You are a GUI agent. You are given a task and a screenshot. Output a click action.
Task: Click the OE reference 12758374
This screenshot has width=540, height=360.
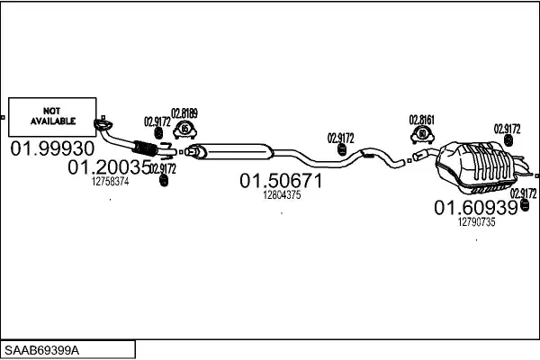pos(110,181)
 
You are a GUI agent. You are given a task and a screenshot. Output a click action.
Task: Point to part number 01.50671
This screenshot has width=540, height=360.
pos(280,181)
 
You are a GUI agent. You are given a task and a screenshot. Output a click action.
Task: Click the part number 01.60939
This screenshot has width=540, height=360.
pos(476,208)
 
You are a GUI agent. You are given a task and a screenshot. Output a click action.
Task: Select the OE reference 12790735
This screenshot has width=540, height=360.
pos(476,222)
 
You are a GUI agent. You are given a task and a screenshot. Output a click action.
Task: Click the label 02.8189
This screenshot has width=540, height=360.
pos(184,112)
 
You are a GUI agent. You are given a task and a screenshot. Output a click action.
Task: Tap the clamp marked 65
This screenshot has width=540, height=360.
pos(184,130)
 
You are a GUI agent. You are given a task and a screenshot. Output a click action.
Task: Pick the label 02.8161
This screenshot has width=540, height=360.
pos(421,118)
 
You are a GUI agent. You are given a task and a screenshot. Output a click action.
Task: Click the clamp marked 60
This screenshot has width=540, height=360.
pos(421,136)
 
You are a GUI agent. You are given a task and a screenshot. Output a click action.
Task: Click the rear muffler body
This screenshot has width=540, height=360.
pos(472,165)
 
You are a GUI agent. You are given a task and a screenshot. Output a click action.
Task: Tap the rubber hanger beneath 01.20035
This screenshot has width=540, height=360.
pos(164,183)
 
